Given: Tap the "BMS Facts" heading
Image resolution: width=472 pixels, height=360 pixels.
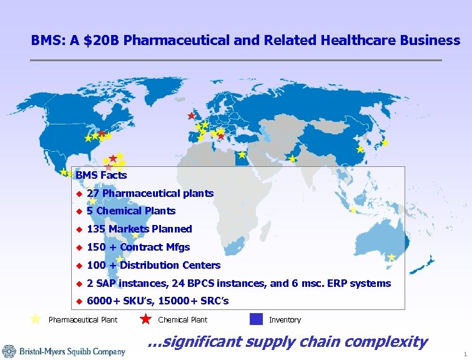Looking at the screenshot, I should tap(101, 176).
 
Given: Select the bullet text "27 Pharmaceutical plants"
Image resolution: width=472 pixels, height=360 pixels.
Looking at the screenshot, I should tap(150, 194).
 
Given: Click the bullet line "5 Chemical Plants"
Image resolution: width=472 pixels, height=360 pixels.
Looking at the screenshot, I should tap(131, 211).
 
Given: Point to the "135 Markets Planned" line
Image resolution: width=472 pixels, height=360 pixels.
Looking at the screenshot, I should tap(139, 229).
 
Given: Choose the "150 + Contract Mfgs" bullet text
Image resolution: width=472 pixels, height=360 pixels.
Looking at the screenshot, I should tap(138, 247).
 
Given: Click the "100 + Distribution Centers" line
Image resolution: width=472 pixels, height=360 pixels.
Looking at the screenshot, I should tap(154, 266).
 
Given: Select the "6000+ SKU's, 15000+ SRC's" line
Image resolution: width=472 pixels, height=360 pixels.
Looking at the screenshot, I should tap(158, 301).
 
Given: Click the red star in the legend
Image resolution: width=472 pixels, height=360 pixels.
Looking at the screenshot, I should tap(145, 319).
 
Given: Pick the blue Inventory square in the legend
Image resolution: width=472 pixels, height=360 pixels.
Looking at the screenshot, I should tap(256, 319).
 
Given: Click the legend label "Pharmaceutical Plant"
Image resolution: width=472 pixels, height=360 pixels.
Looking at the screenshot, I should tap(83, 320).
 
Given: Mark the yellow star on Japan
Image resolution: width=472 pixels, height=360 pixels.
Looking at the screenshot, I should tap(385, 143).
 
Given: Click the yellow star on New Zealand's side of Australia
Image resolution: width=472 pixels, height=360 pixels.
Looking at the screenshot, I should tap(391, 257).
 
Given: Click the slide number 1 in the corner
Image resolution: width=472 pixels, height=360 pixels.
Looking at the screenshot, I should tap(465, 354).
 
